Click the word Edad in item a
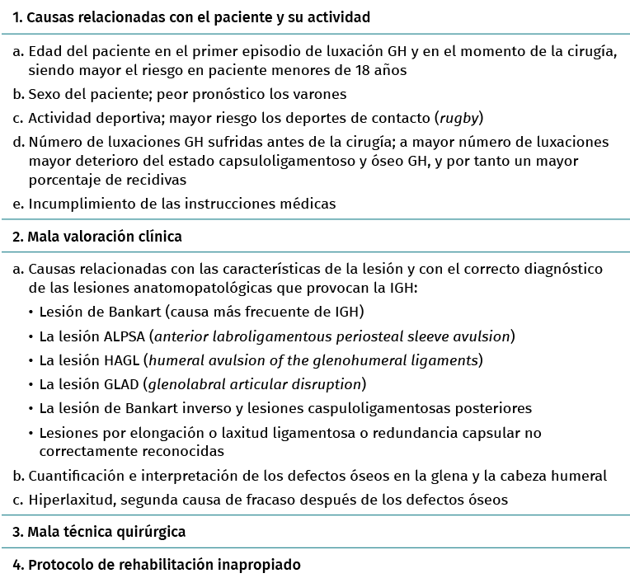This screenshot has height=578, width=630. [x=44, y=51]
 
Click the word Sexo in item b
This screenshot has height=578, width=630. [x=44, y=94]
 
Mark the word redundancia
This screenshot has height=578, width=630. [x=408, y=432]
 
